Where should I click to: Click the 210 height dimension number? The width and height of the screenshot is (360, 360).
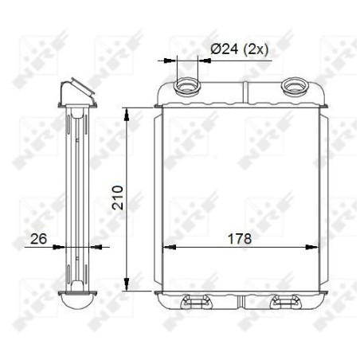[118, 198]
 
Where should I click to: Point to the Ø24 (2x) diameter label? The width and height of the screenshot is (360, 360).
[239, 49]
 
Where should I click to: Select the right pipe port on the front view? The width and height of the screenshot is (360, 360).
[294, 84]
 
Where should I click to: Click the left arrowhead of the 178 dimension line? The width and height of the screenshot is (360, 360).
[166, 247]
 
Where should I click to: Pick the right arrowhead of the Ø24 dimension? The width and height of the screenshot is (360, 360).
[205, 58]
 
